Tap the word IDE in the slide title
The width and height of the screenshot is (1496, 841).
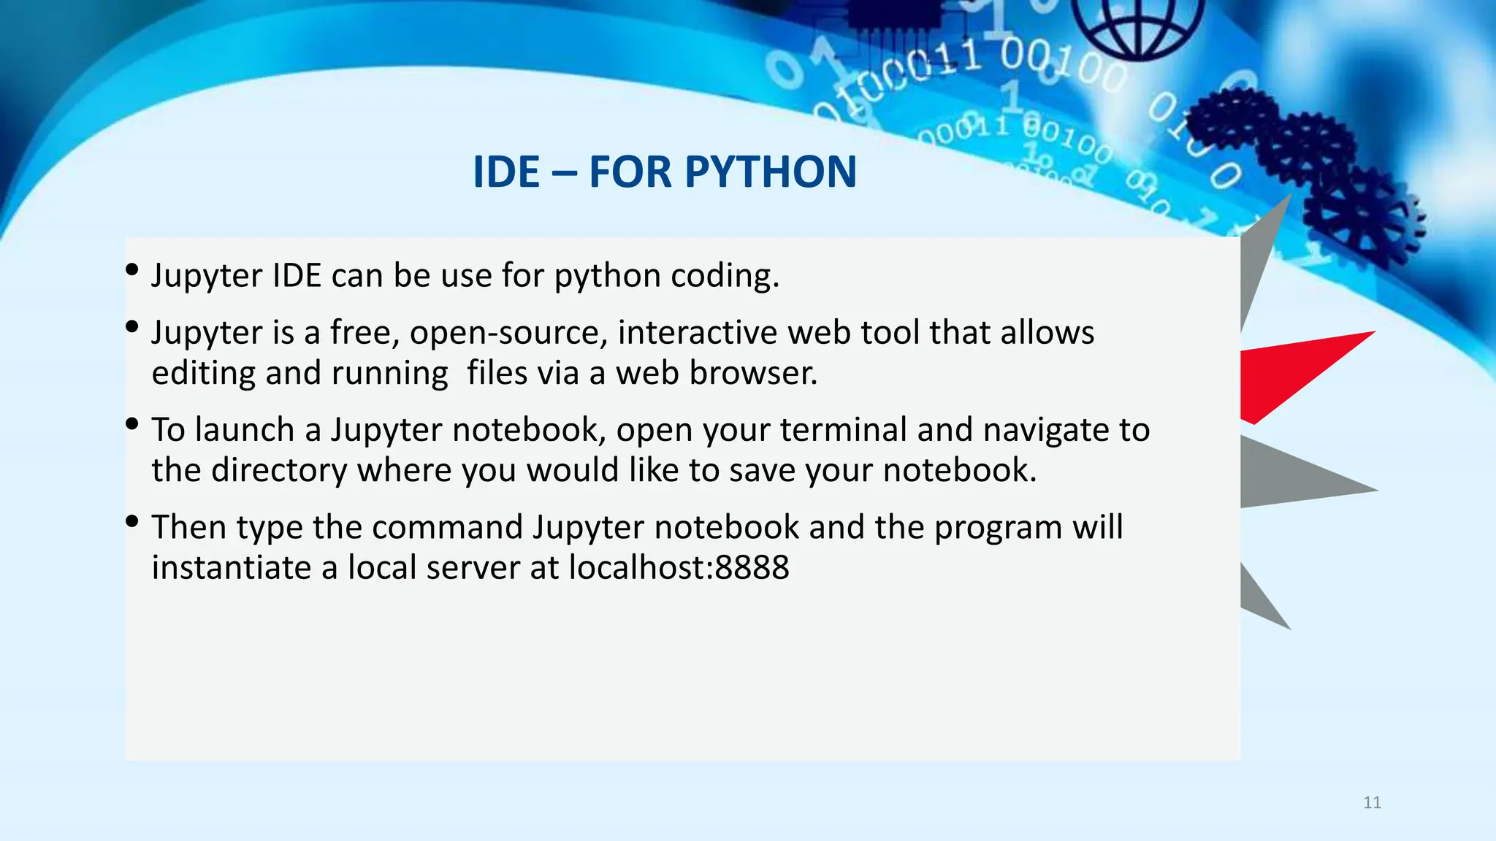pos(505,172)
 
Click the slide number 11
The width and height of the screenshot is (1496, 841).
pos(1372,803)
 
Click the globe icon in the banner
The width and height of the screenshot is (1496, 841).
pos(1138,26)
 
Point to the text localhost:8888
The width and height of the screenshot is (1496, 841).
pos(679,567)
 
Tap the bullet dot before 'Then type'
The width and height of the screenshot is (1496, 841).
pos(132,521)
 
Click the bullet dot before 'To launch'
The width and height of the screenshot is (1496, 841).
pos(132,423)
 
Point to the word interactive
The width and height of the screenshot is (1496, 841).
pos(698,333)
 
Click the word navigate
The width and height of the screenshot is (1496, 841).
pos(1045,430)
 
